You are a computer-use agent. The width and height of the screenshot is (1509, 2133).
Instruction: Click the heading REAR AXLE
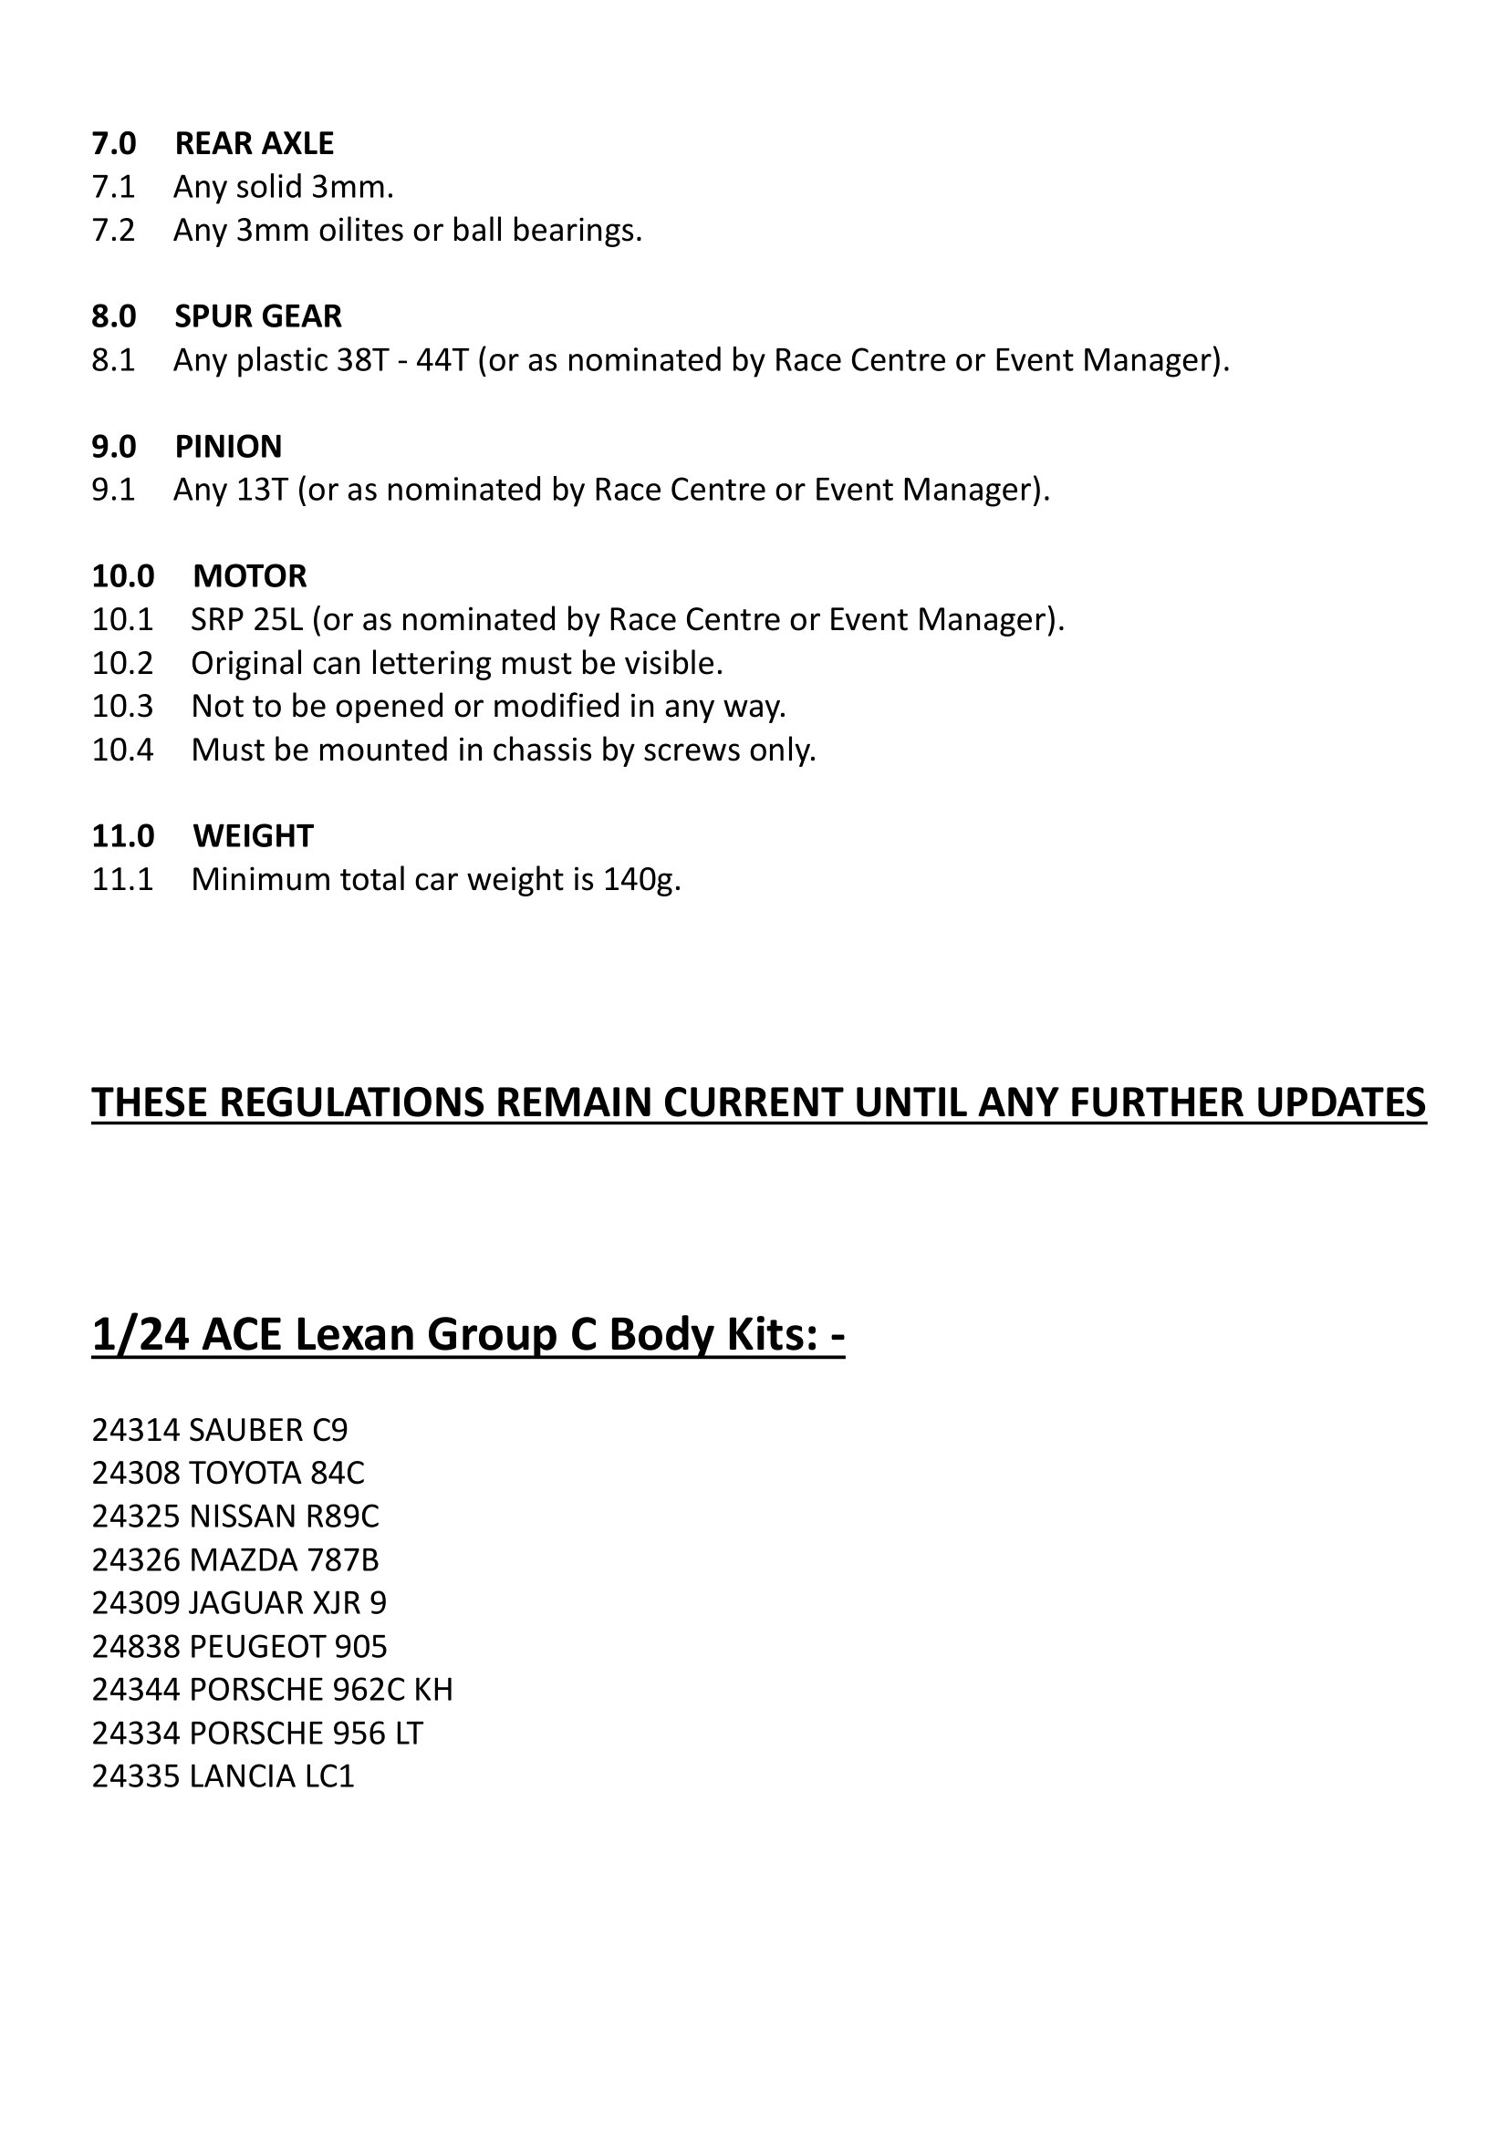(x=254, y=143)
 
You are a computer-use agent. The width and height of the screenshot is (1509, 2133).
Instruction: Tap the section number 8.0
(x=113, y=316)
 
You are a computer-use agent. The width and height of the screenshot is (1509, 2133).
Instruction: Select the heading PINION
(x=228, y=447)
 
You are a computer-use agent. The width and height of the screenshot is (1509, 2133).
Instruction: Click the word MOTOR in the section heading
(x=249, y=576)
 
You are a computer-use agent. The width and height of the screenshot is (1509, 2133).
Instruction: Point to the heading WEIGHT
(x=253, y=836)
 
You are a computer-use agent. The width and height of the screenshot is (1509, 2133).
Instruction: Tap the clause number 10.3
(x=121, y=706)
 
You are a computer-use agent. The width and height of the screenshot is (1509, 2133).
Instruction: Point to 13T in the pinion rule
(x=262, y=490)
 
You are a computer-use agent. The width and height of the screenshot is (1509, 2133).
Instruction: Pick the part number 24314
(x=136, y=1430)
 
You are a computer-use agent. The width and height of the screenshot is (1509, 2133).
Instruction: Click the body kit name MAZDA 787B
(x=285, y=1559)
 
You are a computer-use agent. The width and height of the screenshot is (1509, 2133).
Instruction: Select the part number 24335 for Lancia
(x=136, y=1776)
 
